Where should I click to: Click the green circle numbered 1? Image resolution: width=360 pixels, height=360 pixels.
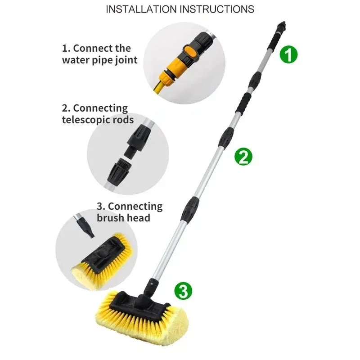288,54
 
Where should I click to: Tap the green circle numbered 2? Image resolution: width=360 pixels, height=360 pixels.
243,157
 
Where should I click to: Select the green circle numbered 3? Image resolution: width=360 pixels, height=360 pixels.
183,291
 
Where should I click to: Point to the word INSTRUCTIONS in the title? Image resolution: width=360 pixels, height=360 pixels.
217,9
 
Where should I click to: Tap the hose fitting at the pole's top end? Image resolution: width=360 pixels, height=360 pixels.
282,25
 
